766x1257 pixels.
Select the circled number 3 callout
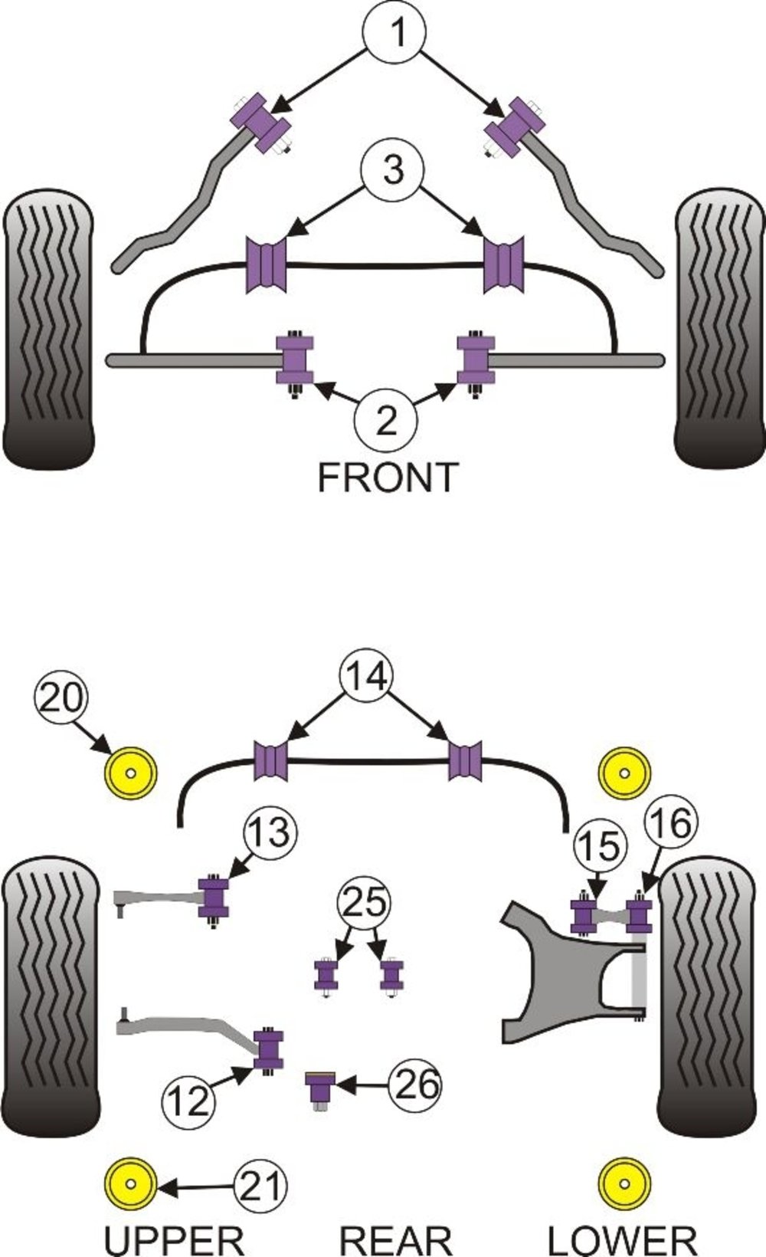[392, 169]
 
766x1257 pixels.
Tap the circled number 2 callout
[386, 420]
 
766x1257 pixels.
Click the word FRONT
[388, 478]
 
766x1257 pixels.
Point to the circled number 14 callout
[365, 676]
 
